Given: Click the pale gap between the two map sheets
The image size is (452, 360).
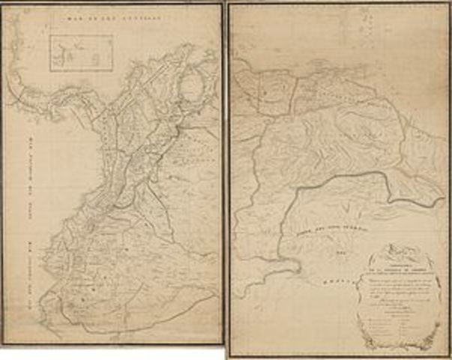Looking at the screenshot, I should tap(225, 180).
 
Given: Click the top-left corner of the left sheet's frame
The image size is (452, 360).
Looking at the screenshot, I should tap(3, 4).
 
